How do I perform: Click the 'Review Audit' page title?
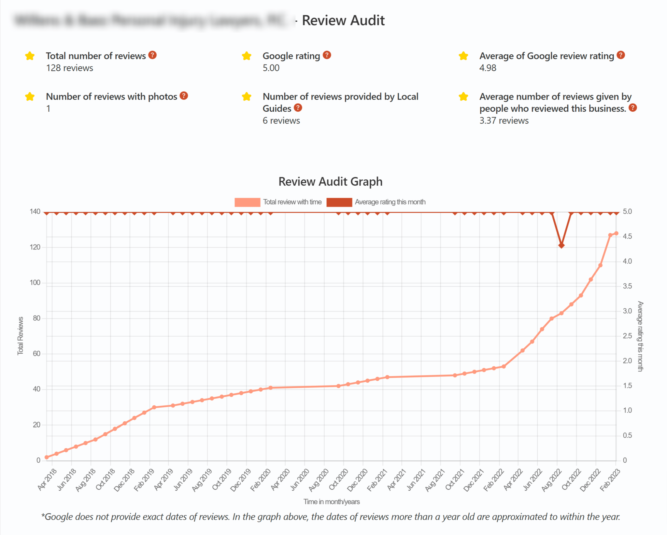[343, 21]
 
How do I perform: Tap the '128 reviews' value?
[69, 68]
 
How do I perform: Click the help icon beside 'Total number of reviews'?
[152, 55]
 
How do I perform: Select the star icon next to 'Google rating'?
[247, 56]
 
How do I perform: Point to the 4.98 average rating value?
[488, 68]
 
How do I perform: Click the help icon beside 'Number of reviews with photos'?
[184, 96]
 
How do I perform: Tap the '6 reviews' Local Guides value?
[281, 121]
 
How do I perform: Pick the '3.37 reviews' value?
[504, 121]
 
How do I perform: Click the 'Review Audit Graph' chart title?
[330, 182]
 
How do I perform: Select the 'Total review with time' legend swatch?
[247, 202]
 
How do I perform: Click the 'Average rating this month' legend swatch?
[339, 202]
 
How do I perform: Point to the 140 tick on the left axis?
[35, 212]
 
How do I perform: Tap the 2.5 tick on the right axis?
[627, 336]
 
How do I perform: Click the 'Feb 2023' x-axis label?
[610, 480]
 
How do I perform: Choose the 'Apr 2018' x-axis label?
[47, 479]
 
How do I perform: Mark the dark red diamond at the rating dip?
[561, 245]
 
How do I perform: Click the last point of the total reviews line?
[616, 233]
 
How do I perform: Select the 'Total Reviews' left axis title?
[21, 336]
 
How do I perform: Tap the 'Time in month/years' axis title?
[331, 502]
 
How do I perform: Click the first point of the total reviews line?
[47, 457]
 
